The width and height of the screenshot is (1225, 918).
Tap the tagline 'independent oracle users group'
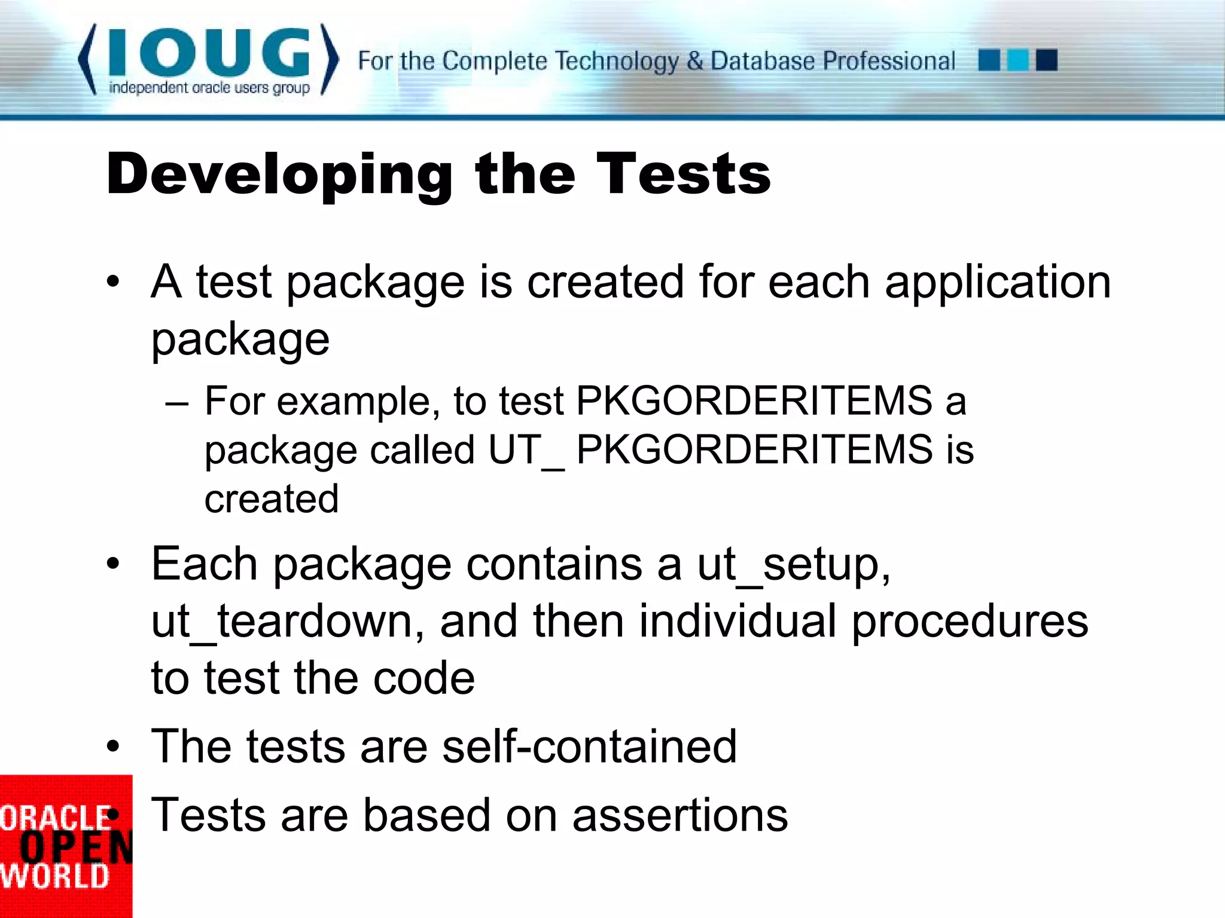click(209, 88)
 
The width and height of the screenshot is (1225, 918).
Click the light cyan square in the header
click(1017, 60)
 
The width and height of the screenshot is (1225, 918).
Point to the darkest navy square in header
click(1047, 60)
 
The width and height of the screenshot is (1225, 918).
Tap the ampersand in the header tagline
click(694, 61)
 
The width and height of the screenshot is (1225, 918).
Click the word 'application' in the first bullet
click(998, 282)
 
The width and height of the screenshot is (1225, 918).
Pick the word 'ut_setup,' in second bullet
click(794, 565)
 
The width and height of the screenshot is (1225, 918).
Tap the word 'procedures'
click(970, 622)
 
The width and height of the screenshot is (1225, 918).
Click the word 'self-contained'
click(589, 746)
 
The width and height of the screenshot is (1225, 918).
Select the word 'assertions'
click(680, 815)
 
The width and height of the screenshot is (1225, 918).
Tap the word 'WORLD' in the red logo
click(55, 877)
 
